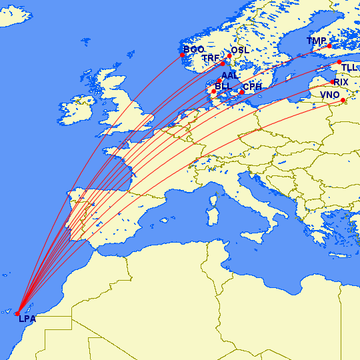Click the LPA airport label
click(28, 320)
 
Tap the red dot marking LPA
click(17, 313)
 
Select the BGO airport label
click(193, 50)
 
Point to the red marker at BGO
click(182, 55)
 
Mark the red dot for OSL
click(229, 55)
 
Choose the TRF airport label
click(211, 59)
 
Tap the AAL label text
click(229, 75)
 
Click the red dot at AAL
click(219, 81)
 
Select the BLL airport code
click(223, 86)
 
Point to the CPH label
click(252, 87)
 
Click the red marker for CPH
click(241, 92)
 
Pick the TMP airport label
click(317, 41)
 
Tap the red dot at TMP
click(329, 46)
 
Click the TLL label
click(349, 68)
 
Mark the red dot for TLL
click(339, 62)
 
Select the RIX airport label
click(341, 82)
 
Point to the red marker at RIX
click(333, 82)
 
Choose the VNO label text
click(329, 95)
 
